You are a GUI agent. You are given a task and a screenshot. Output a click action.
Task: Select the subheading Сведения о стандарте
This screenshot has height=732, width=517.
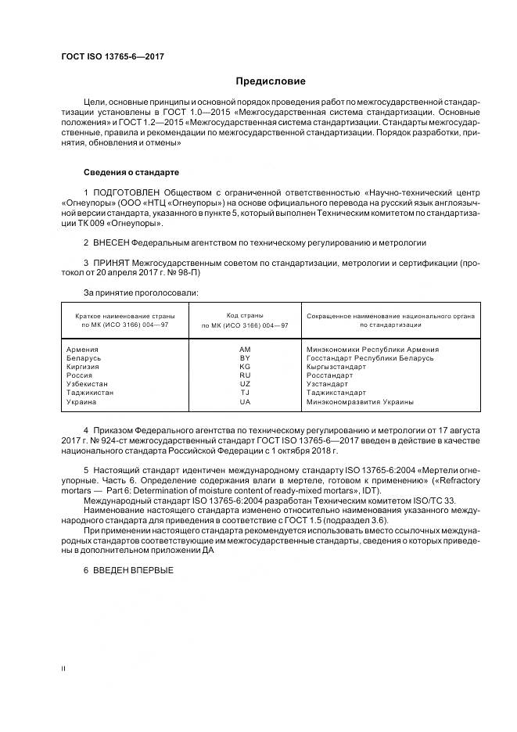(x=131, y=171)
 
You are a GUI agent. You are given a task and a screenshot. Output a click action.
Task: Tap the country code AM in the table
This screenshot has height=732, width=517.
(x=245, y=349)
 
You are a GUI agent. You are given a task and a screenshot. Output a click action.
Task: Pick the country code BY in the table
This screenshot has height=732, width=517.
(x=245, y=357)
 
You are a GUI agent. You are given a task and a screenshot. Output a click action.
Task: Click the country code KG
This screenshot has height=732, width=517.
(x=245, y=366)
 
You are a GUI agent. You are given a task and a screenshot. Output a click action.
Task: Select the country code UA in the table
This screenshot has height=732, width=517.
(x=245, y=402)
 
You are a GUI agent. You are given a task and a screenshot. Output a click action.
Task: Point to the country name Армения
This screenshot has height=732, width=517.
(x=84, y=349)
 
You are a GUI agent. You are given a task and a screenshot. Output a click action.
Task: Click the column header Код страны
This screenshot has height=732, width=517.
(x=244, y=314)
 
